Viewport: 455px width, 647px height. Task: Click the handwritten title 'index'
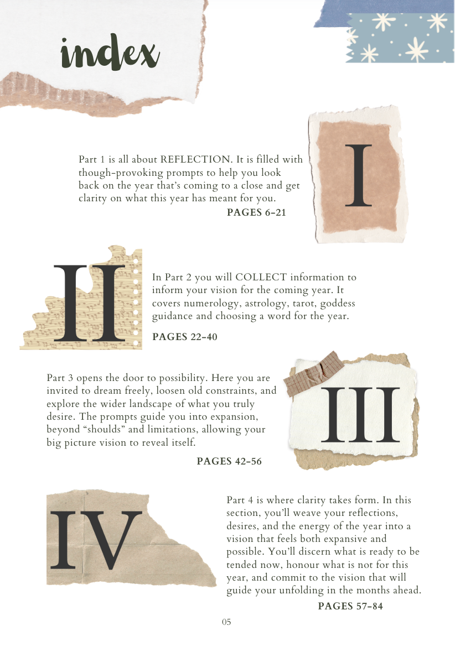click(x=110, y=53)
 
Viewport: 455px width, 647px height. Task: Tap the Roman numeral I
click(x=358, y=175)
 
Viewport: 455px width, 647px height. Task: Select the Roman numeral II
click(x=89, y=303)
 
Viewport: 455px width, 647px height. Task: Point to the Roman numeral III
click(x=360, y=415)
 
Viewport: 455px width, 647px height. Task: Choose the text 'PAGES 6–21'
click(x=256, y=212)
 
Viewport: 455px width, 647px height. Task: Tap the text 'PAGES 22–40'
click(x=184, y=337)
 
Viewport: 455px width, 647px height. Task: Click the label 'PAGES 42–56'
click(x=229, y=461)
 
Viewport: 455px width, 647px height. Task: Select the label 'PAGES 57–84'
click(x=350, y=606)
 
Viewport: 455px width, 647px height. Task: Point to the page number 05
click(x=226, y=622)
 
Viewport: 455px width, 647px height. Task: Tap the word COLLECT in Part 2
click(x=261, y=277)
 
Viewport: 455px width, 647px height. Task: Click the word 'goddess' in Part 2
click(x=338, y=304)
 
